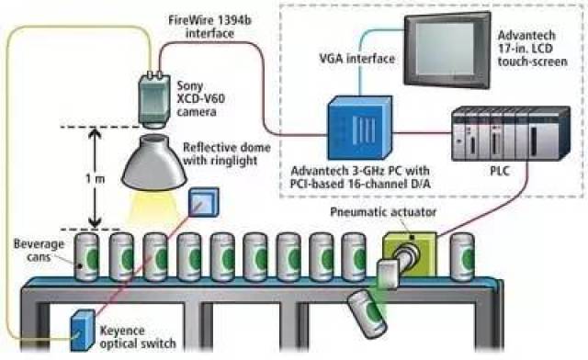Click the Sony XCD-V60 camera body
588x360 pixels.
(x=153, y=99)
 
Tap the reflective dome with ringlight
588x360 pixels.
(x=154, y=162)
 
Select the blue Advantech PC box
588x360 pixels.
(x=360, y=128)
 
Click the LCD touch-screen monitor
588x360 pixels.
(x=447, y=50)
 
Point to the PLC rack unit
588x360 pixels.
(x=511, y=134)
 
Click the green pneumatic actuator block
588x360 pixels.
(x=410, y=254)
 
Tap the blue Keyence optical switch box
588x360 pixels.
(x=82, y=331)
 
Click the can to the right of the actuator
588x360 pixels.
(x=463, y=257)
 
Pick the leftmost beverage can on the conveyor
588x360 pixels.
(x=87, y=257)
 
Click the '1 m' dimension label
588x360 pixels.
(x=96, y=178)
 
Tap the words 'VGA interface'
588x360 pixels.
(x=357, y=59)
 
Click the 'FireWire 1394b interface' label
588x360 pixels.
(x=210, y=27)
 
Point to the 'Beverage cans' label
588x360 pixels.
(x=39, y=251)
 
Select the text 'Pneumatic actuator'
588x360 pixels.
(x=383, y=212)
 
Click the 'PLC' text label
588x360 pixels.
(x=500, y=171)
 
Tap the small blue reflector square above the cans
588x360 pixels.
(x=203, y=202)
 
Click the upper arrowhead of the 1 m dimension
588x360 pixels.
(x=96, y=133)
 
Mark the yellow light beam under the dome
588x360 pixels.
(x=153, y=208)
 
